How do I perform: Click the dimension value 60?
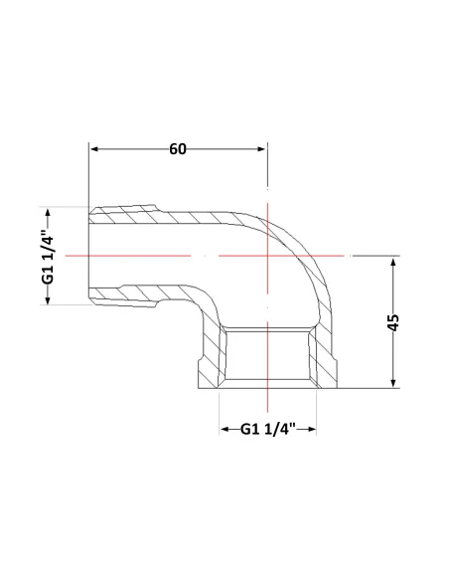178,149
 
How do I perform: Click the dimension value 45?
393,322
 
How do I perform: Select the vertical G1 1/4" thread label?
48,257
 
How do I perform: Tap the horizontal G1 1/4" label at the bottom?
268,429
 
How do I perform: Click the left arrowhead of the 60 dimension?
94,149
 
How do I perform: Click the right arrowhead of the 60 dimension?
262,149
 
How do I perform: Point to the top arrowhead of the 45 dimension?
393,262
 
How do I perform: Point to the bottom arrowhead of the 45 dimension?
393,383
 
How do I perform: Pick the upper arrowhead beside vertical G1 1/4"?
48,213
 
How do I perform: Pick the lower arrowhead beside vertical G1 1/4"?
48,300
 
